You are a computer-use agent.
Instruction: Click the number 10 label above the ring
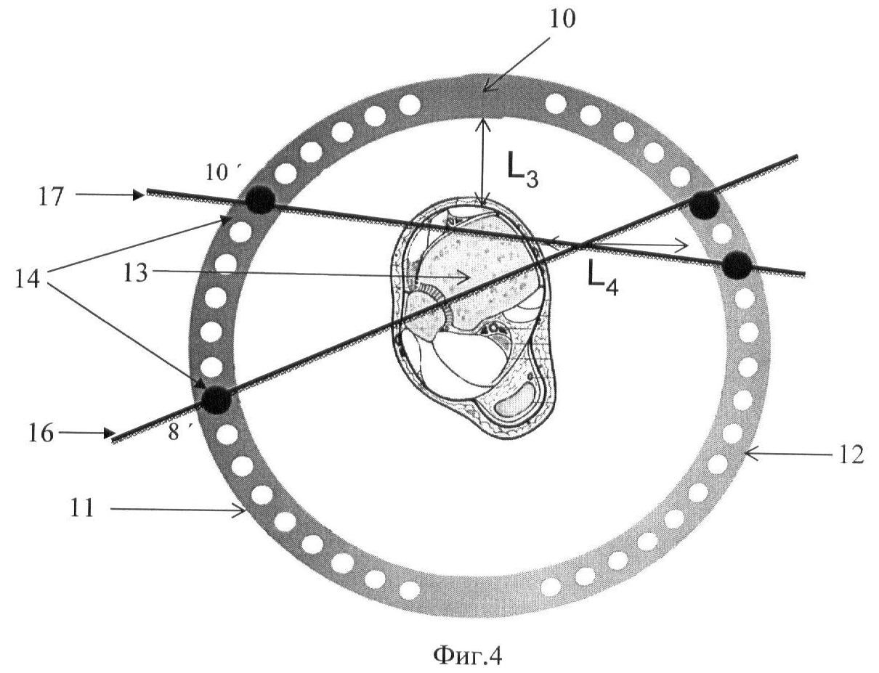click(562, 19)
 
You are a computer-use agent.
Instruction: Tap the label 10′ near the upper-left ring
click(222, 173)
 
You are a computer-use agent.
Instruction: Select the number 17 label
click(51, 197)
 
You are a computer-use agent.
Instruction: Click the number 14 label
click(28, 279)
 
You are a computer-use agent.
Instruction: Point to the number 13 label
click(136, 273)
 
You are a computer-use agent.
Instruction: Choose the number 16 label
click(41, 433)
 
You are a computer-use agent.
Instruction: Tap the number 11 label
click(82, 507)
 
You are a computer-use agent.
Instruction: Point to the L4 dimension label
click(602, 281)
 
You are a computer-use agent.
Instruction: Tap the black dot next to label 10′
click(261, 200)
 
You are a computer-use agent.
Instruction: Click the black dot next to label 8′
click(216, 400)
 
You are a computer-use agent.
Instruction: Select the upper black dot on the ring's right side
click(704, 205)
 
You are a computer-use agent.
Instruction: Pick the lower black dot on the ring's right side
click(737, 265)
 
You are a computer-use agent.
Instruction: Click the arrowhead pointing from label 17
click(139, 195)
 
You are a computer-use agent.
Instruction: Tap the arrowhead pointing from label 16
click(109, 433)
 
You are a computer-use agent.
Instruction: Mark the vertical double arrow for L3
click(482, 162)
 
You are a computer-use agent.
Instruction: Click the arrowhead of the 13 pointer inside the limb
click(464, 277)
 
